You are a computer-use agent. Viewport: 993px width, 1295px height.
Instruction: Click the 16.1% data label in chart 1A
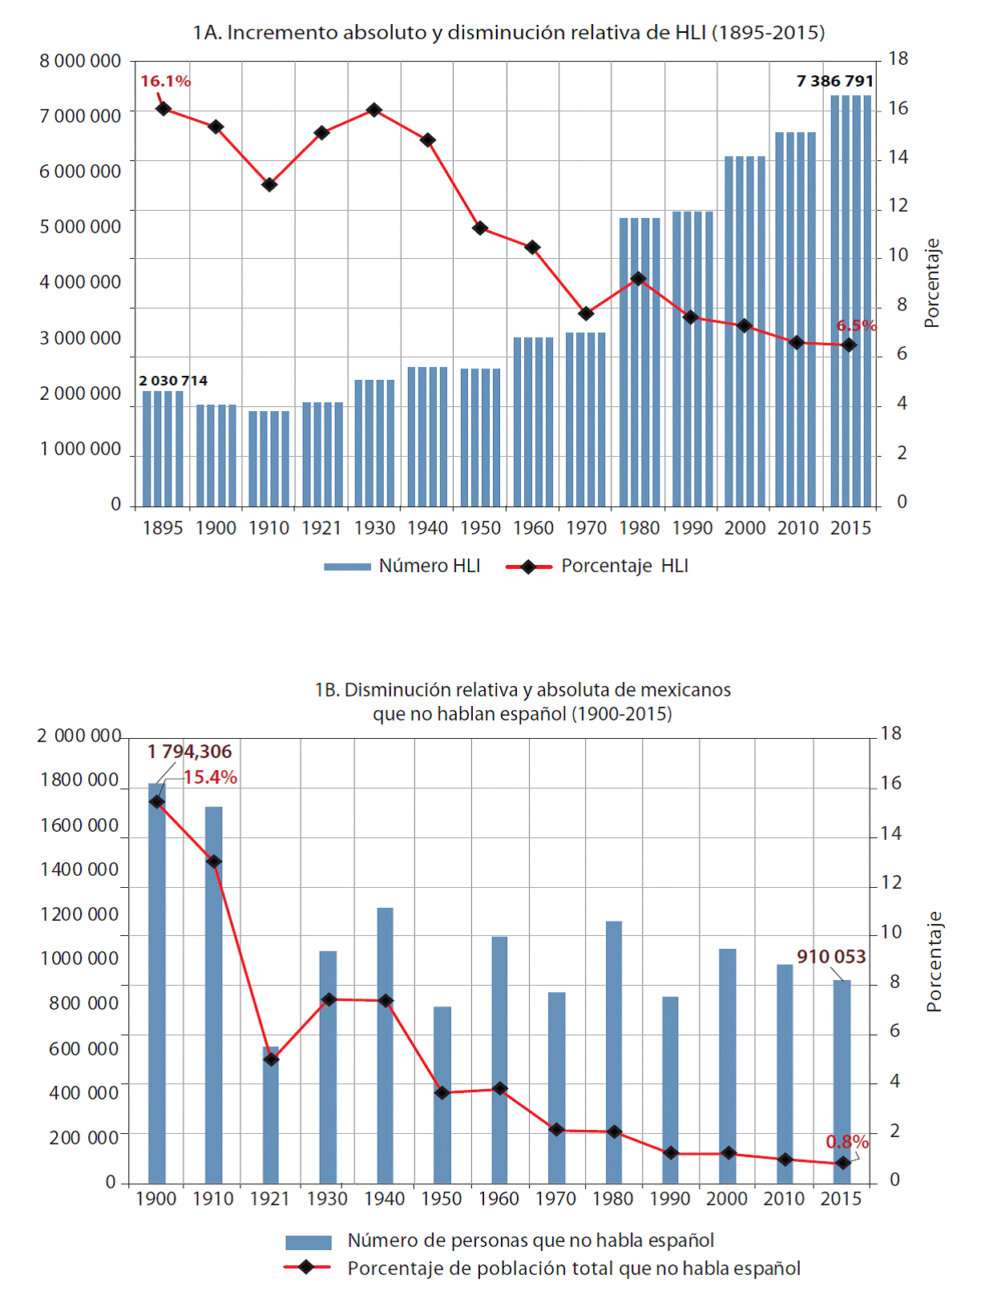[165, 81]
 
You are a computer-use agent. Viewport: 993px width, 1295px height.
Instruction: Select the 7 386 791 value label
[834, 81]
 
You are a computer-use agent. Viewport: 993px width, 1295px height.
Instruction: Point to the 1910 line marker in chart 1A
[269, 184]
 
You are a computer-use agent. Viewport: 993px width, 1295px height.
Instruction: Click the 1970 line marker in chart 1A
[586, 313]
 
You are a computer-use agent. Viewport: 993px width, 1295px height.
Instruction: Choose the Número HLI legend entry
[402, 566]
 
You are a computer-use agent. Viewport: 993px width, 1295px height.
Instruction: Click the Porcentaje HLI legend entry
[597, 566]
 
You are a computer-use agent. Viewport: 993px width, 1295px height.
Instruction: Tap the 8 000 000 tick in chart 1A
[80, 61]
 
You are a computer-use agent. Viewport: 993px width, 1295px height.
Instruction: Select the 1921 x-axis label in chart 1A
[321, 528]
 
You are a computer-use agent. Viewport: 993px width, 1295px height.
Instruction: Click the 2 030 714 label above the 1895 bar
[173, 381]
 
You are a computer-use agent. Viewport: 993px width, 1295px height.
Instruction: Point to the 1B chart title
[523, 701]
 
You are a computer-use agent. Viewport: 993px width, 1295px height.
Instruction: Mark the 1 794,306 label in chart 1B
[189, 752]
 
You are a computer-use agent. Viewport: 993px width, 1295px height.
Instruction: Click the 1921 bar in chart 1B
[271, 1115]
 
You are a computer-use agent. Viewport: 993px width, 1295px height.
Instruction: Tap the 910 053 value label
[831, 956]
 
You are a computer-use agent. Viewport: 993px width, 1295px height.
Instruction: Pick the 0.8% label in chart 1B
[847, 1141]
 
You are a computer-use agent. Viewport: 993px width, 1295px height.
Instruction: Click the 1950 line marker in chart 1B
[442, 1092]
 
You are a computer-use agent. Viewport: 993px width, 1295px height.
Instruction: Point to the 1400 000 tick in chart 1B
[79, 869]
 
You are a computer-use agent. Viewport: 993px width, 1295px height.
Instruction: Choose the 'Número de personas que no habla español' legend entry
[499, 1241]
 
